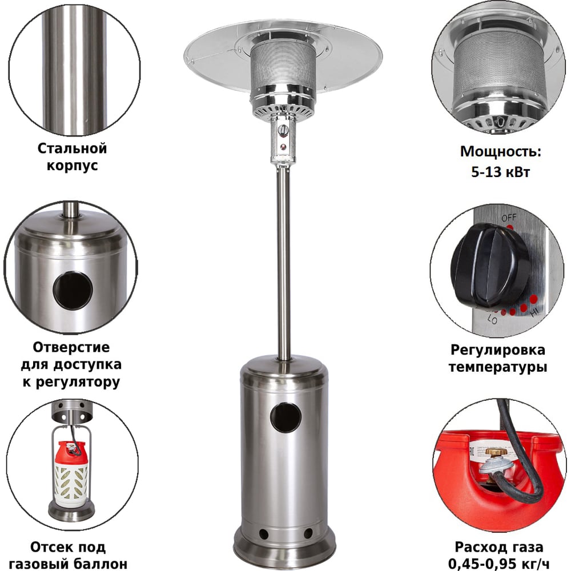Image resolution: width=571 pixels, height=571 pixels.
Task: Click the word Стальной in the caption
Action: click(x=72, y=148)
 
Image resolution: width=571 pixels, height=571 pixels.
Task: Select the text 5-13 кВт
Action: click(x=500, y=171)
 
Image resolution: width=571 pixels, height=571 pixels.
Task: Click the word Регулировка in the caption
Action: click(x=498, y=350)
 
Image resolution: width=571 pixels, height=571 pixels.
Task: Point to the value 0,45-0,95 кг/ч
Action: click(x=498, y=564)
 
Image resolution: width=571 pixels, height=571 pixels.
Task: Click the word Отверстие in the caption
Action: click(x=71, y=347)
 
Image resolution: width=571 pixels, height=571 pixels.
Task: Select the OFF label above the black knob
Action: click(x=509, y=218)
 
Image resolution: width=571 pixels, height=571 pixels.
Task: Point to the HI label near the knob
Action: click(x=535, y=312)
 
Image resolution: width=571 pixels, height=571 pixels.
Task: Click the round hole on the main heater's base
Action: click(x=285, y=417)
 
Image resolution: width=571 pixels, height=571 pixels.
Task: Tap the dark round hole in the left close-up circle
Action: click(x=73, y=290)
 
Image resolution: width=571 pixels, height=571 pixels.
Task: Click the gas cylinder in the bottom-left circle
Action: click(x=71, y=474)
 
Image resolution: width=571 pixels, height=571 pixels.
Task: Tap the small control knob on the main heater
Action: click(x=283, y=130)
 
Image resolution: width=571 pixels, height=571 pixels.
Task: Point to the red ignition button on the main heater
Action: click(x=283, y=147)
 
